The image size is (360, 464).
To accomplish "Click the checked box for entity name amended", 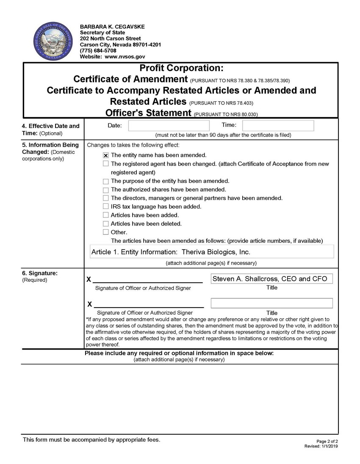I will (106, 156).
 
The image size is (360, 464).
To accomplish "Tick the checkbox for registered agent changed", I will (106, 164).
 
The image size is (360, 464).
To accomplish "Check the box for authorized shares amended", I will (106, 190).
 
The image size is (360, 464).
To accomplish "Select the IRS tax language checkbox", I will (106, 207).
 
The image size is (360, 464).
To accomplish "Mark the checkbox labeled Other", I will (106, 232).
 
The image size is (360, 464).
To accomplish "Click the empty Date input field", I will (169, 126).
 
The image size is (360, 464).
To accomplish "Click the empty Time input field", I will (278, 126).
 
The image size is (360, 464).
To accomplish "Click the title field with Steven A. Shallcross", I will (271, 279).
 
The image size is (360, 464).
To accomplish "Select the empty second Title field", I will (271, 303).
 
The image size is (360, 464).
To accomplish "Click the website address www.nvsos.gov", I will (125, 56).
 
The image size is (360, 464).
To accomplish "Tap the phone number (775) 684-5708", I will (98, 50).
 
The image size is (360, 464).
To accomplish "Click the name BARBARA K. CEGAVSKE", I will (112, 27).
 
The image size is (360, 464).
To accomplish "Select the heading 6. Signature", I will (39, 273).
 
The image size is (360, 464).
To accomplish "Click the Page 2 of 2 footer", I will (327, 441).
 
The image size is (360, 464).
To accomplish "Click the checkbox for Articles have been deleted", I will (106, 224).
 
